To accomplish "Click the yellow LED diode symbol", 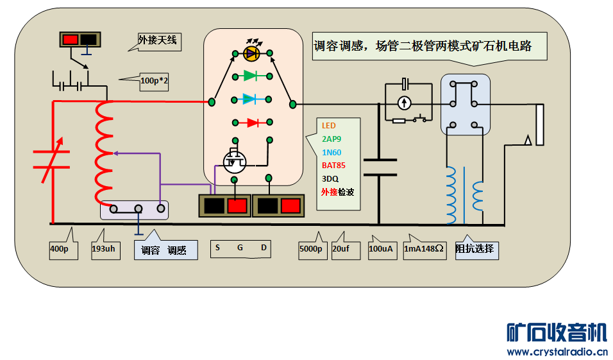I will coord(252,52).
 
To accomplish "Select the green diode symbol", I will coord(251,76).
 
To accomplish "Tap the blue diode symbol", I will coord(251,99).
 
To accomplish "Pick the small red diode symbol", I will coord(252,122).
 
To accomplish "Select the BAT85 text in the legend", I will coord(334,165).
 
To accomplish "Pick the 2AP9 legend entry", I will coord(332,139).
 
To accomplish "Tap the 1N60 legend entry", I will coord(332,152).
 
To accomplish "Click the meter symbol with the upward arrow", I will coord(404,103).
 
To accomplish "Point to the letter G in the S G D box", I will coord(240,248).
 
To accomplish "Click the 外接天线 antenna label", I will coord(158,42).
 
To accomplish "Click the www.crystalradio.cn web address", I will coord(557,352).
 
